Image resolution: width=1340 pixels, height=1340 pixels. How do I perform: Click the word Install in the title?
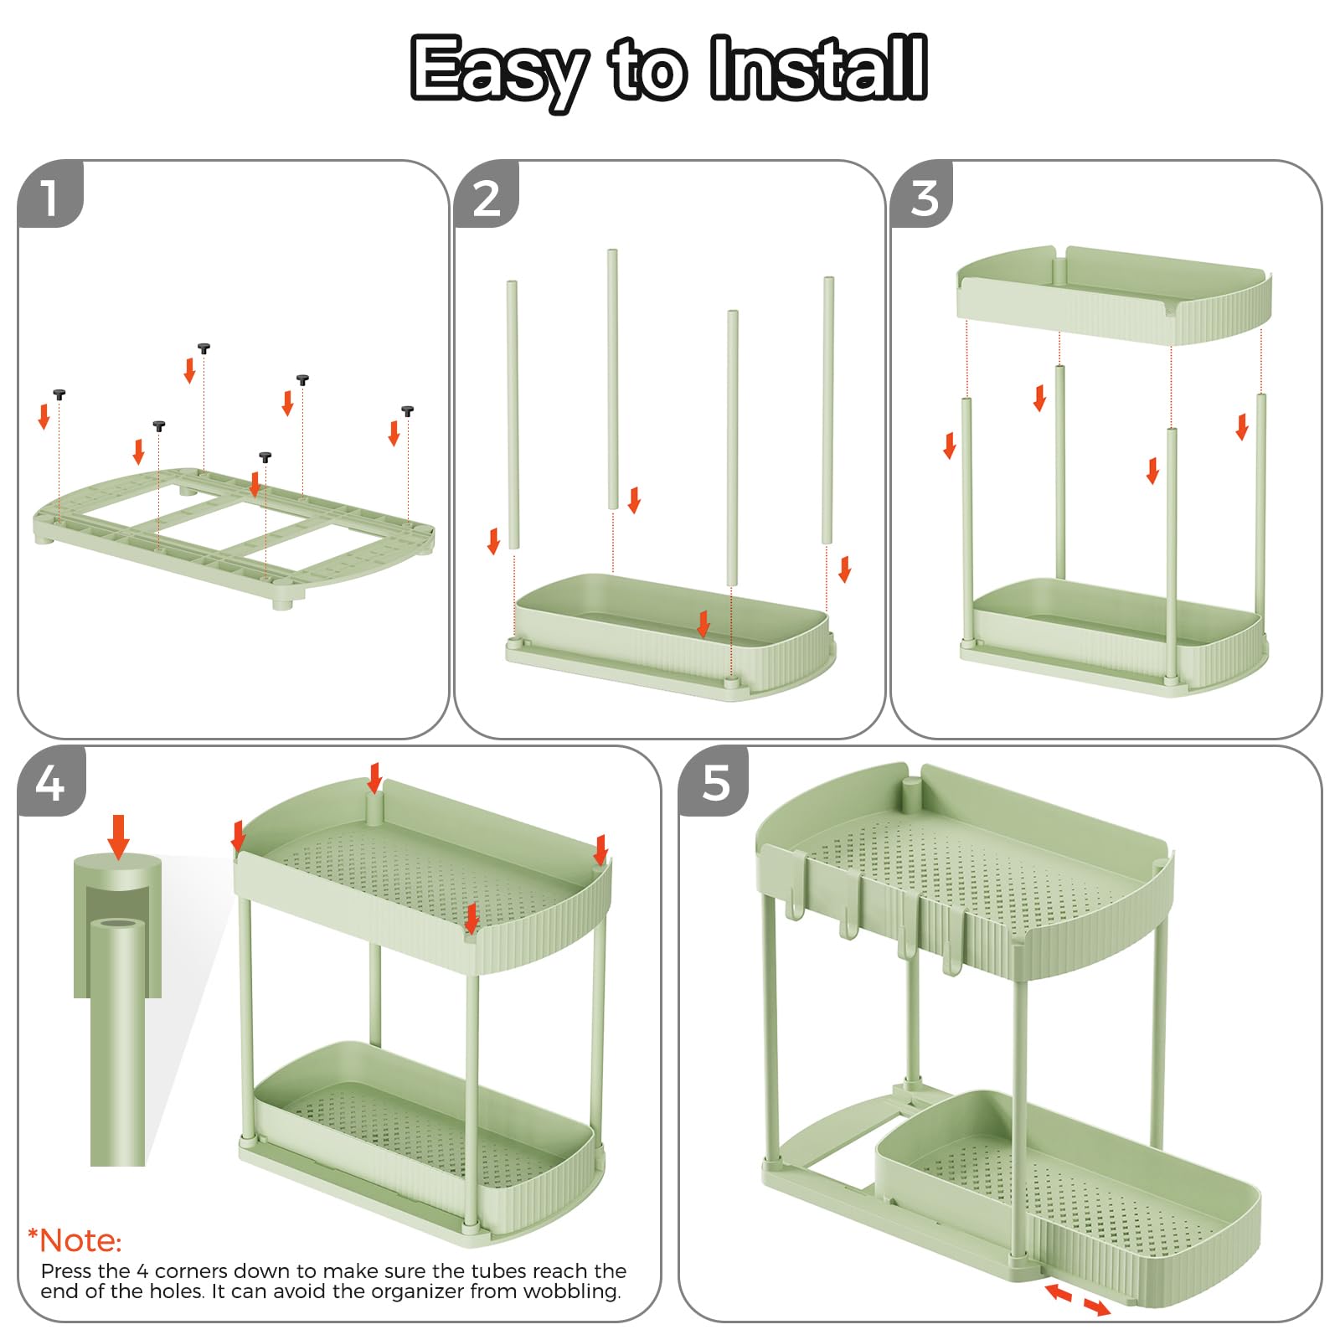[818, 68]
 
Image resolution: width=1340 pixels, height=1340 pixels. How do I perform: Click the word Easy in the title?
[499, 72]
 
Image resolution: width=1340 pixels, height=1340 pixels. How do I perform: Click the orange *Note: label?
[75, 1240]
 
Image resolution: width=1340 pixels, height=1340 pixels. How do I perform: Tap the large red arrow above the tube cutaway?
[119, 837]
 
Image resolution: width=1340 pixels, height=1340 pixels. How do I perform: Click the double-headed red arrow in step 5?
[1078, 1300]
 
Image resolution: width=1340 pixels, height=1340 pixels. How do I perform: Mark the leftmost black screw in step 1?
[59, 394]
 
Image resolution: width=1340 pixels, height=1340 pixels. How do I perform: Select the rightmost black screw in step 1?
[408, 410]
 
